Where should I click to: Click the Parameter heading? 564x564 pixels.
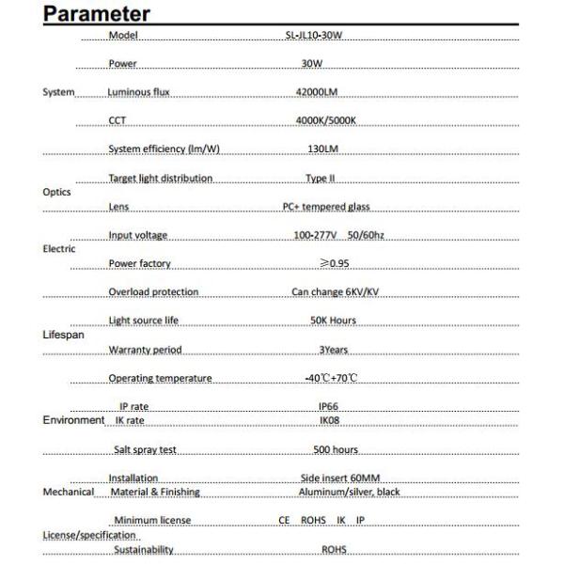(x=97, y=14)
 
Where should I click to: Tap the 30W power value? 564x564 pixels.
(x=312, y=64)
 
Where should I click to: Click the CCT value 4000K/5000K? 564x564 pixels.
(x=325, y=120)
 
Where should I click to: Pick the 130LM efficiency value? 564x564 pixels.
(x=322, y=149)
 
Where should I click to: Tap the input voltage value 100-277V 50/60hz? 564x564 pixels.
(x=336, y=235)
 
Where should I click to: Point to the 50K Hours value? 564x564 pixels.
(x=333, y=321)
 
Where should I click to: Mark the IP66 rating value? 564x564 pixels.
(x=328, y=406)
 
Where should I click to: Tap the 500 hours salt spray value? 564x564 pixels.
(x=336, y=450)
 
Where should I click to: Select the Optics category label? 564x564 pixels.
(x=56, y=192)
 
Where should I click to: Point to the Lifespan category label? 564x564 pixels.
(x=62, y=335)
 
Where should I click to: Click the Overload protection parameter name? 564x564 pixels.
(x=153, y=291)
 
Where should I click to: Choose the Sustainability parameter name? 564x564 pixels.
(x=144, y=549)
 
